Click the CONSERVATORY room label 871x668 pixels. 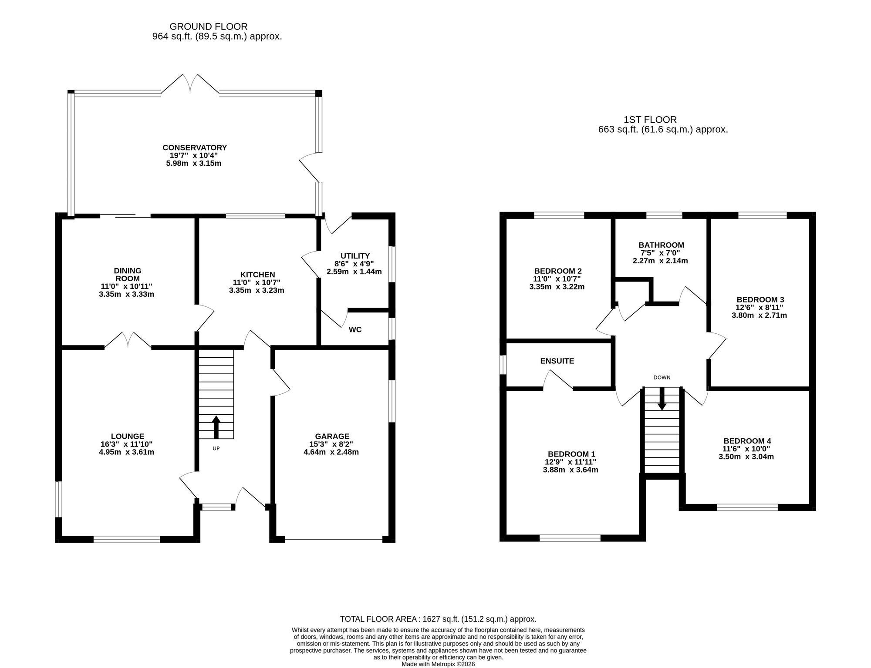195,148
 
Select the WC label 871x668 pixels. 355,329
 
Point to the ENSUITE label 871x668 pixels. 557,361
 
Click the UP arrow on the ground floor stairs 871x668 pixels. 216,427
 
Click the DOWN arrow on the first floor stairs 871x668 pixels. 662,399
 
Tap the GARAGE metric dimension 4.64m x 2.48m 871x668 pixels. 331,452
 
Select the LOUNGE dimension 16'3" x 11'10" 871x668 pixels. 127,444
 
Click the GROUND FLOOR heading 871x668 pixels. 209,27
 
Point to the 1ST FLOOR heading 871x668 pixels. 650,120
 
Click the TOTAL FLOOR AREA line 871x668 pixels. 438,619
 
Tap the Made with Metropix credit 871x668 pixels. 438,664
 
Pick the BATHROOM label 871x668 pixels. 661,245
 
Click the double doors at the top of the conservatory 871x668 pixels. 190,84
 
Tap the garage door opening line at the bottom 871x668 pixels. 334,540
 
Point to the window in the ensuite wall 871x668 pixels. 503,365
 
